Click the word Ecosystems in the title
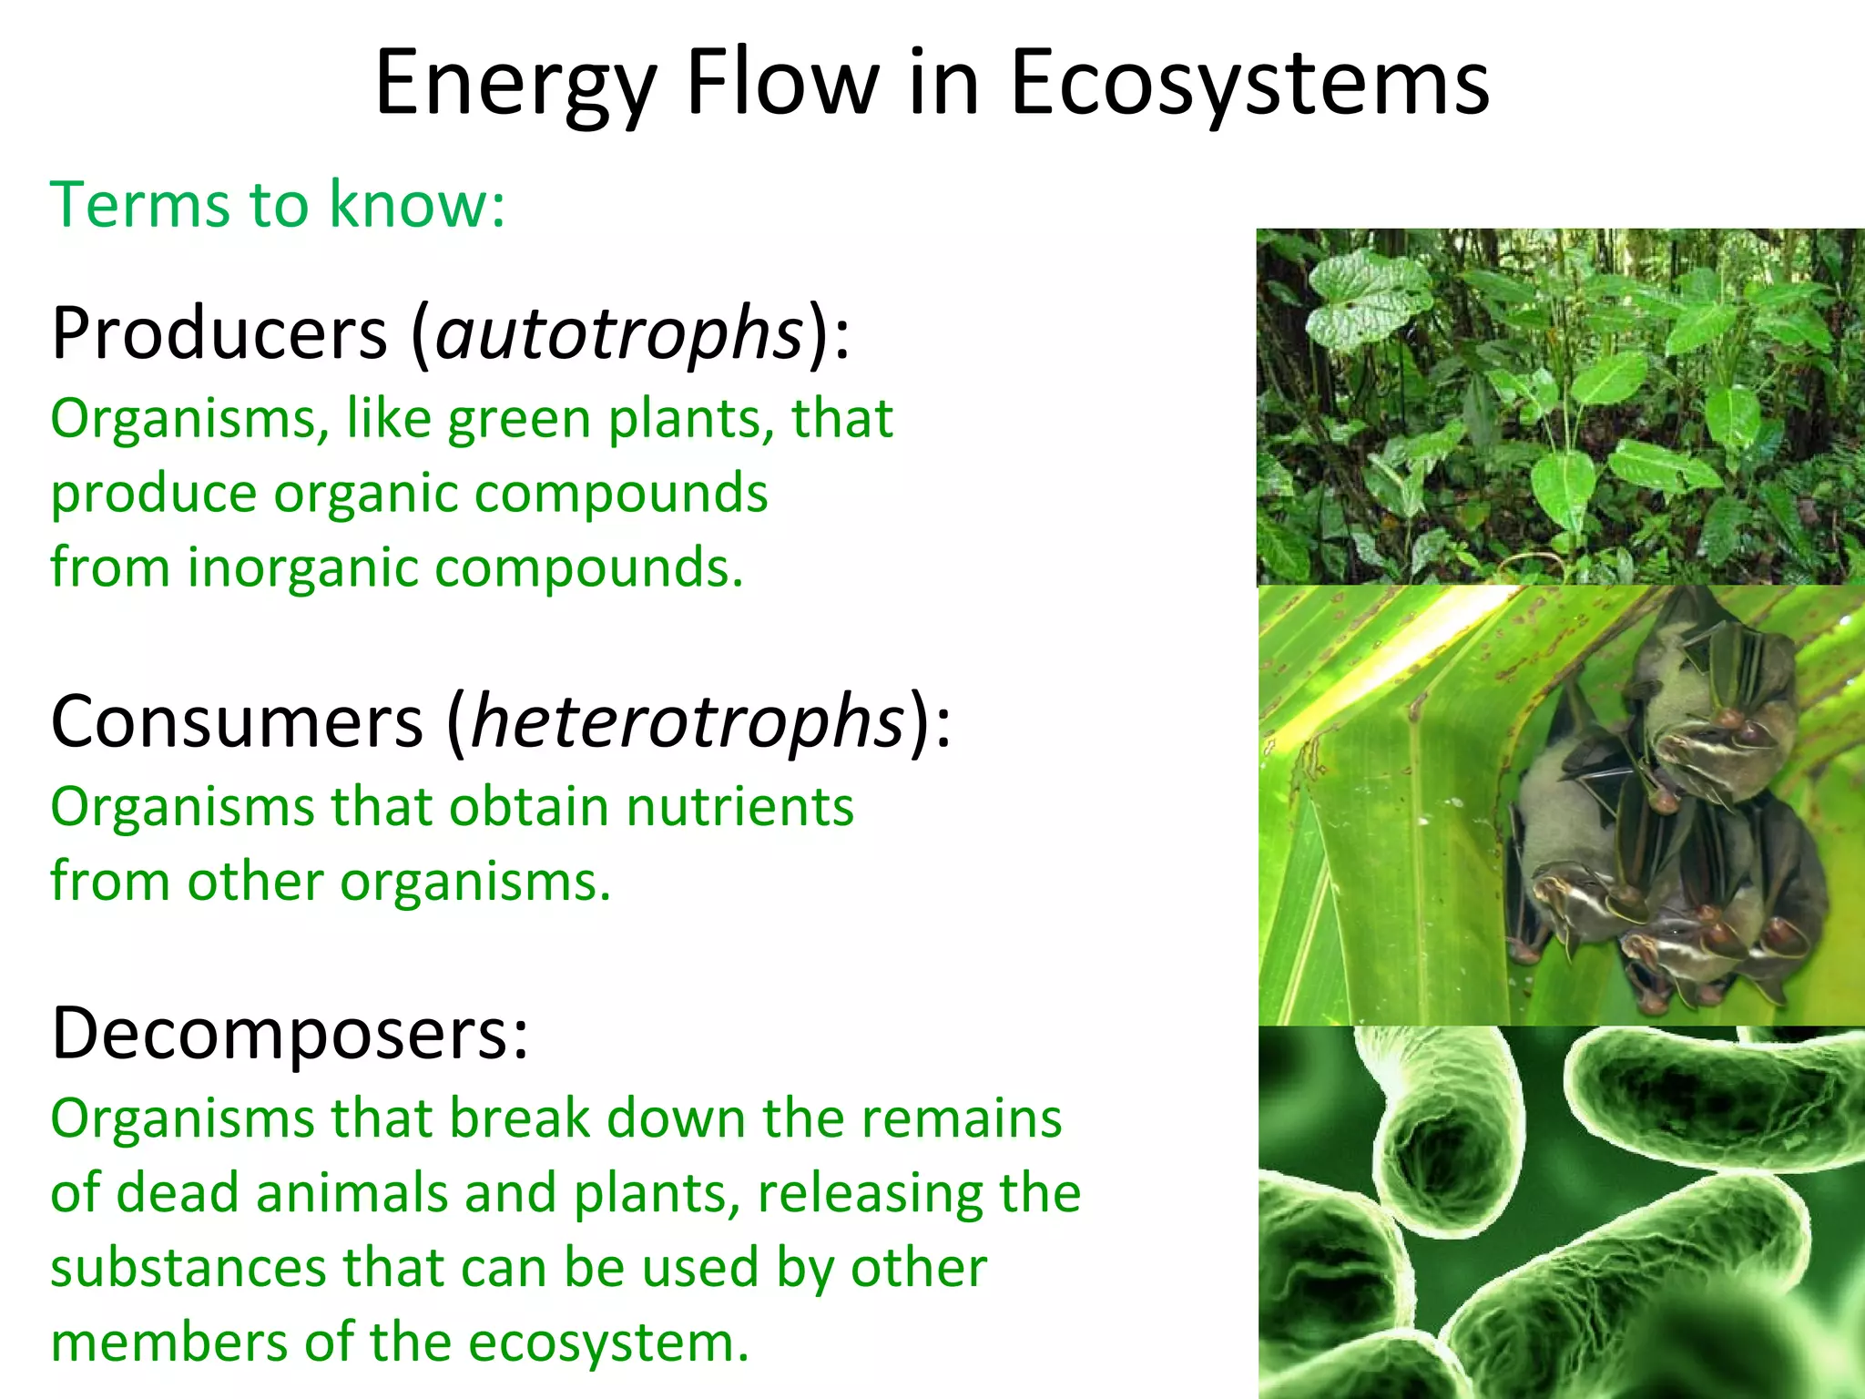tap(1249, 84)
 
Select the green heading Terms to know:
tap(278, 204)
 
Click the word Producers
tap(219, 333)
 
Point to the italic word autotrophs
tap(619, 335)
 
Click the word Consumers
tap(237, 721)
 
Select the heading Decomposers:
tap(290, 1034)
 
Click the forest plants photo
tap(1560, 406)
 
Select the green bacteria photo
tap(1560, 1212)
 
